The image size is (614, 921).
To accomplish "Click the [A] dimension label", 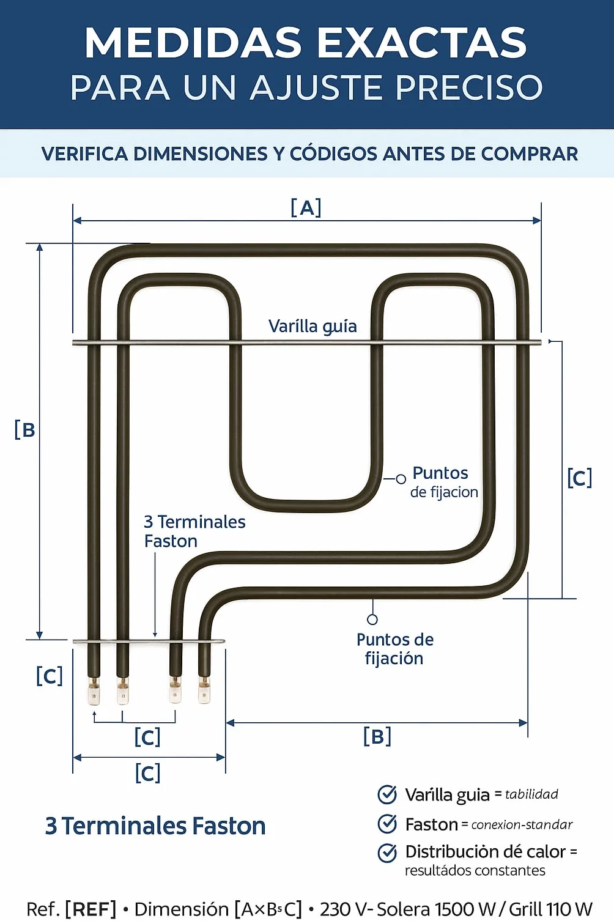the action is click(x=306, y=208).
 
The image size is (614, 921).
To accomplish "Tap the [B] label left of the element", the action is click(x=24, y=430).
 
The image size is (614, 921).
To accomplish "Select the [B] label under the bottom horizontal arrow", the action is click(x=377, y=736).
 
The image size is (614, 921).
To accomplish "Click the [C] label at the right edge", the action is click(x=580, y=478).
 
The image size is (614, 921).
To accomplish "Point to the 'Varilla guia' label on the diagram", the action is click(x=313, y=327).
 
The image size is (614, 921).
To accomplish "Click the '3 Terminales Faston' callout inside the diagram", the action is click(x=194, y=531).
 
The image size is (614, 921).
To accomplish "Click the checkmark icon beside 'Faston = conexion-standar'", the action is click(x=387, y=824).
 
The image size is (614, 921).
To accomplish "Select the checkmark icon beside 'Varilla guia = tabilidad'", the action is click(x=387, y=794).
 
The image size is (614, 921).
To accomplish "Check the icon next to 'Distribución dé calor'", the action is click(x=387, y=853).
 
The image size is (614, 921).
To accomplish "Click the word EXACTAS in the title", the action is click(x=421, y=43).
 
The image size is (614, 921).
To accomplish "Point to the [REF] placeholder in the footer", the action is click(x=91, y=909).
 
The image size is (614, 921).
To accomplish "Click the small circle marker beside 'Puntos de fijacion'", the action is click(x=401, y=479).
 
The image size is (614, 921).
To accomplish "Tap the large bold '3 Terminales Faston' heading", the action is click(x=155, y=826).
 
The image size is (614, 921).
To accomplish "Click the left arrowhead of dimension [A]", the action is click(x=77, y=221).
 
